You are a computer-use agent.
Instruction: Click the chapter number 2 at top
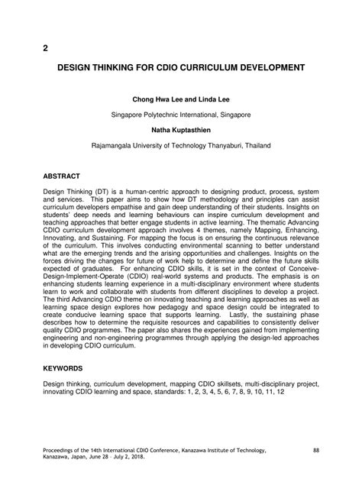(x=45, y=47)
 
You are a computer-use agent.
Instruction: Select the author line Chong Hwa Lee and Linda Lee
(x=181, y=98)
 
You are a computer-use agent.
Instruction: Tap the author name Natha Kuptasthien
(x=180, y=129)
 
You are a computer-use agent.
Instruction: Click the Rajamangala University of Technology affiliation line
(x=181, y=144)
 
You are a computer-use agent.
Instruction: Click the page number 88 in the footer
(x=317, y=449)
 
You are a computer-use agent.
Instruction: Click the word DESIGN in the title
(x=78, y=68)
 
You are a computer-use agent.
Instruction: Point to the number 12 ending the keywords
(x=280, y=391)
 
